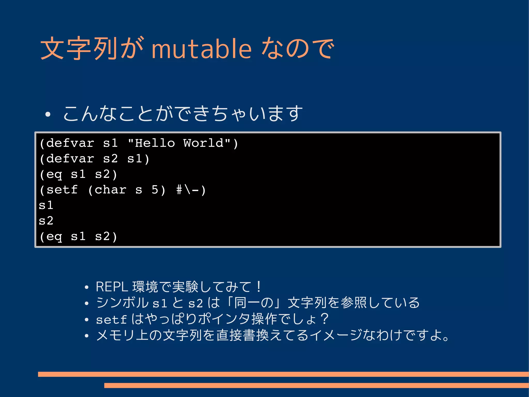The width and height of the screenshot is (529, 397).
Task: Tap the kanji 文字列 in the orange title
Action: (79, 48)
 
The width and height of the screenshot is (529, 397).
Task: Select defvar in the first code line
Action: (70, 143)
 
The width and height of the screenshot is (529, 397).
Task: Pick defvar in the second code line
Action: (70, 159)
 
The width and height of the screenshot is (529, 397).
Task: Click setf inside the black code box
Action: (62, 190)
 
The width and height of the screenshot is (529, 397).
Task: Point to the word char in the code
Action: (110, 190)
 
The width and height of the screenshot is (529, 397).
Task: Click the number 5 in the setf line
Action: (155, 190)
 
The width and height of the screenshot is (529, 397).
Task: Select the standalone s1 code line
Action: (46, 205)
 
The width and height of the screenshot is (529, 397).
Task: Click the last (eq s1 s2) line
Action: (78, 236)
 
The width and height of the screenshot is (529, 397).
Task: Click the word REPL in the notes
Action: (112, 287)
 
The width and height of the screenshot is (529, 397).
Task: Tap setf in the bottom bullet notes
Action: (111, 320)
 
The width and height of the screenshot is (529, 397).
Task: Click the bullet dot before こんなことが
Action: (48, 114)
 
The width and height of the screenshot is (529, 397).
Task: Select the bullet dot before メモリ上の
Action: (87, 336)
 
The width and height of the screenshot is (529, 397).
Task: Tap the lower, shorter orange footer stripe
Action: (316, 385)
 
